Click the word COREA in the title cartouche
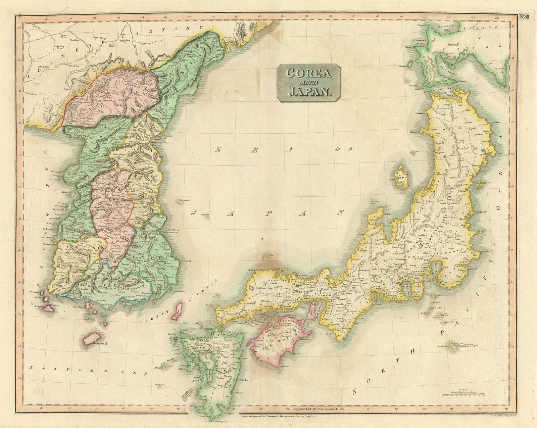point(308,73)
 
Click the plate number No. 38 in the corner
point(524,17)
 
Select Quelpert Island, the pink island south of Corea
point(92,339)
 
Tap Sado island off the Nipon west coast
point(401,176)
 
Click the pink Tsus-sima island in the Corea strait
point(177,311)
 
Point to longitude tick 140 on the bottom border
point(450,409)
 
